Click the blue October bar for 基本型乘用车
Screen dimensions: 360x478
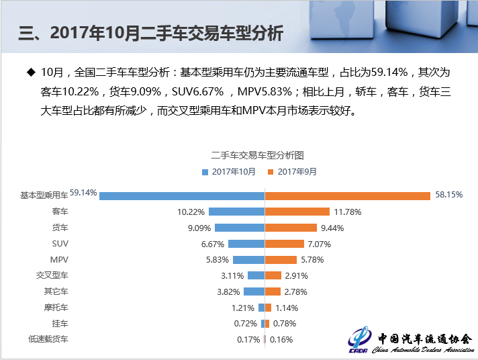point(181,195)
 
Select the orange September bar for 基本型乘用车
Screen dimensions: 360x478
point(347,195)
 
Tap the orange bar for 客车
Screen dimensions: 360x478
point(297,212)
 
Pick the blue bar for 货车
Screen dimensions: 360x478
point(240,228)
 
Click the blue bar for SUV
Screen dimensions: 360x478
point(246,244)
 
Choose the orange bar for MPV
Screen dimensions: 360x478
point(281,259)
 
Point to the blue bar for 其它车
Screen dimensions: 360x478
point(254,291)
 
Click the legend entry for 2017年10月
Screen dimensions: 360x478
point(228,172)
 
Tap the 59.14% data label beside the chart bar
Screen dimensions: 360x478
point(83,193)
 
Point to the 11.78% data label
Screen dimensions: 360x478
point(347,212)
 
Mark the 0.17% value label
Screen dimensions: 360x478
point(248,340)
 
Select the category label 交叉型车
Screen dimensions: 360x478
point(52,275)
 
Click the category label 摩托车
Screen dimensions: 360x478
point(56,308)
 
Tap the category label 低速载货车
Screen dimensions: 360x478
point(48,340)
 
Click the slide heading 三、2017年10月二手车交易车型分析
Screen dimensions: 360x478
point(151,34)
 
